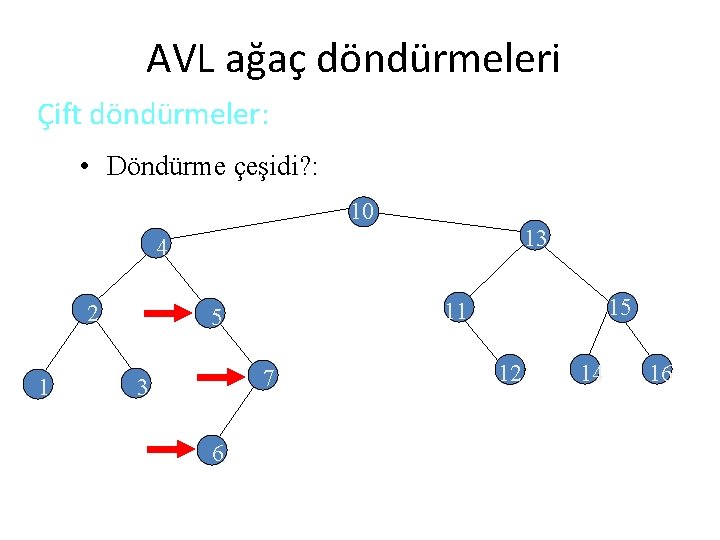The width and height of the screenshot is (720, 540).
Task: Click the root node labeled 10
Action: (x=362, y=211)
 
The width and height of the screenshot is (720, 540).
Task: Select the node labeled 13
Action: (x=535, y=238)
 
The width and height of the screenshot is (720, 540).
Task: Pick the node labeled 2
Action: (x=91, y=313)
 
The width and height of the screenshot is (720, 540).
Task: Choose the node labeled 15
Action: (x=619, y=307)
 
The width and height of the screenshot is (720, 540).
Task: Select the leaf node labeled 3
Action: (x=141, y=385)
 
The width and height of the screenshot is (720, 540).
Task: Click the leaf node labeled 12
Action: (x=509, y=373)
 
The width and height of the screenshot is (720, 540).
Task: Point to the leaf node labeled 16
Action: (x=659, y=374)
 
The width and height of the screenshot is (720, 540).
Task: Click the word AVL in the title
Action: (x=177, y=59)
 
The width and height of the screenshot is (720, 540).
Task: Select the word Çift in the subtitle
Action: (x=60, y=114)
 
